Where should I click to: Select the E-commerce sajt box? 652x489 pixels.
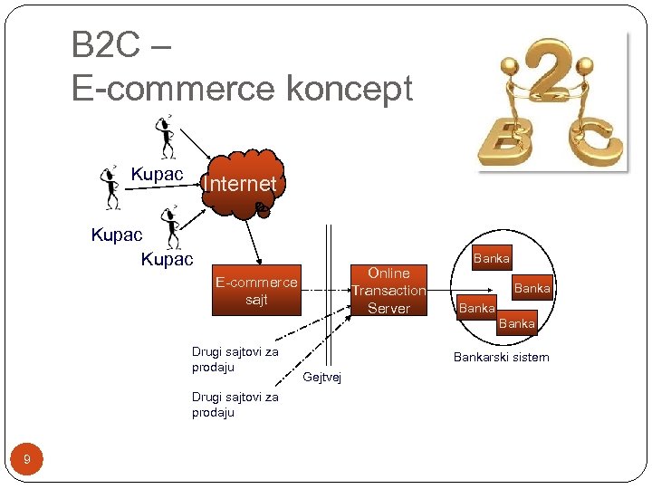coord(256,291)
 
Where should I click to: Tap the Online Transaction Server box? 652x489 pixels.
coord(388,291)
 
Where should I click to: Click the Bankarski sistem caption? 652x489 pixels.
coord(501,357)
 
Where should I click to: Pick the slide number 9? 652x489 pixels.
coord(27,460)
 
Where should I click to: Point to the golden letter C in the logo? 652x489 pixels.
coord(591,137)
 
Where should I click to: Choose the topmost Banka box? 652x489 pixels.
coord(492,258)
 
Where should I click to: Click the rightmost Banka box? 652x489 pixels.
coord(532,288)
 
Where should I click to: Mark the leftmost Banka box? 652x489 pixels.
coord(476,308)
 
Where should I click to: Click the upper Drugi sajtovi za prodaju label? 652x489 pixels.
coord(235,359)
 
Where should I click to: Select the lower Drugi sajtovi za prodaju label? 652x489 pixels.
coord(235,404)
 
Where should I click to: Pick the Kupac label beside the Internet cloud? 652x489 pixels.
coord(157,173)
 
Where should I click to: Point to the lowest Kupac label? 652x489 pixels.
coord(167,260)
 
